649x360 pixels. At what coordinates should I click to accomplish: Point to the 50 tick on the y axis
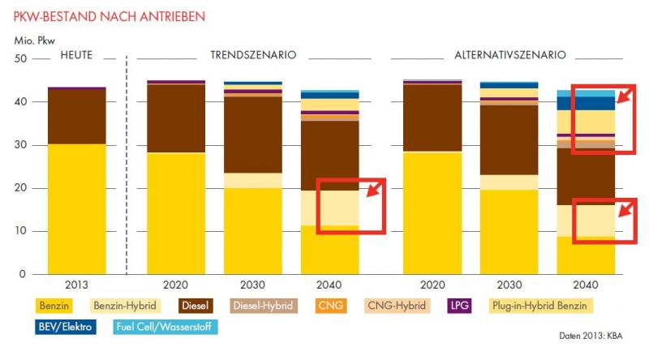click(x=20, y=59)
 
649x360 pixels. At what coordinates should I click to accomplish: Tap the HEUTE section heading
click(x=76, y=55)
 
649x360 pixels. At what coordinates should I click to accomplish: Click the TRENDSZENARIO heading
click(x=253, y=55)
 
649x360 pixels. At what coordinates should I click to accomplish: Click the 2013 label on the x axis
click(x=76, y=285)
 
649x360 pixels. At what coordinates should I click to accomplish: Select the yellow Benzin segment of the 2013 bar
click(x=76, y=209)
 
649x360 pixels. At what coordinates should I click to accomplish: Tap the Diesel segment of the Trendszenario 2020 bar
click(x=175, y=118)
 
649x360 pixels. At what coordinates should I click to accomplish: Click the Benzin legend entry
click(x=53, y=306)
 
